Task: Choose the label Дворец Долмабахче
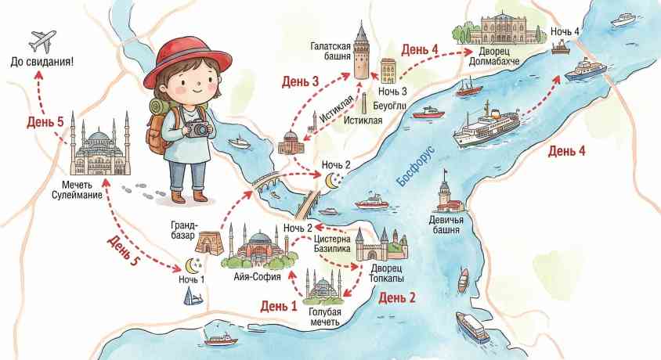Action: (x=495, y=56)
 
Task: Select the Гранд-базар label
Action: (x=189, y=229)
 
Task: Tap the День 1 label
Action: (x=279, y=305)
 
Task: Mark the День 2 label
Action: (x=396, y=297)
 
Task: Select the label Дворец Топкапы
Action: (x=382, y=273)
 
